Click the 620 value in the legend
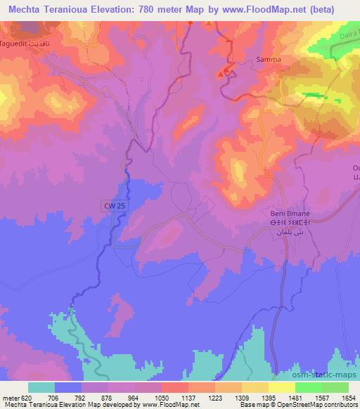[x=21, y=397]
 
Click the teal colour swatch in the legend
[x=41, y=387]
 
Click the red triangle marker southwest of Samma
[x=222, y=73]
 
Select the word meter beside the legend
[x=8, y=397]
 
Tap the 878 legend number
[x=103, y=397]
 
